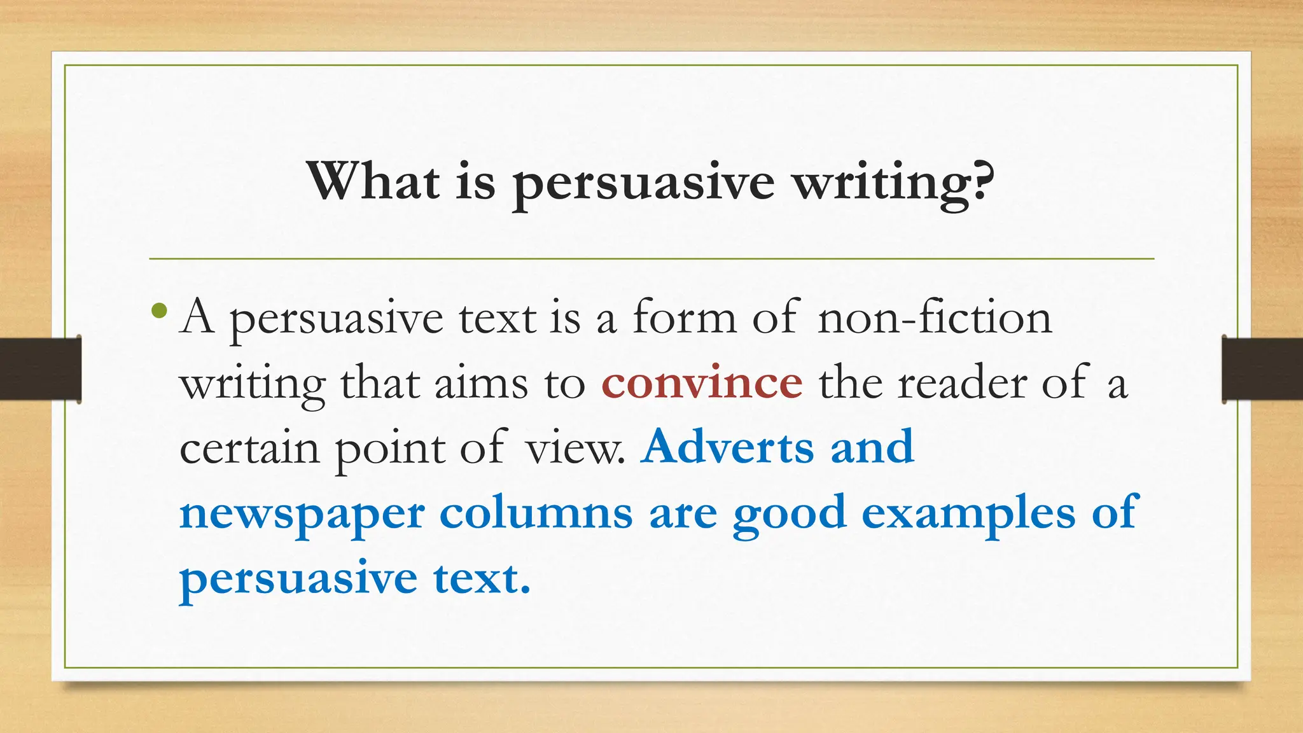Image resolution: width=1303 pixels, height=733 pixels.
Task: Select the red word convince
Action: pyautogui.click(x=702, y=382)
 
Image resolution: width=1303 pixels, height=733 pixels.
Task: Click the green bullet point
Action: pyautogui.click(x=160, y=312)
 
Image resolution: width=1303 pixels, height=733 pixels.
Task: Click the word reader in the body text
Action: pyautogui.click(x=962, y=383)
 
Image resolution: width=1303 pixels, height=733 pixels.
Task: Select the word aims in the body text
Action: pyautogui.click(x=481, y=383)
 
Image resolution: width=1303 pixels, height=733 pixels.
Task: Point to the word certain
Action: pyautogui.click(x=249, y=448)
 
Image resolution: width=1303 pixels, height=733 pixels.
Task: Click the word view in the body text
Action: pyautogui.click(x=575, y=448)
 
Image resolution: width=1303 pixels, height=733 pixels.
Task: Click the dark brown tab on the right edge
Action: pyautogui.click(x=1262, y=369)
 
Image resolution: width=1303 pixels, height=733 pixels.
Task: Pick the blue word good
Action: pyautogui.click(x=789, y=514)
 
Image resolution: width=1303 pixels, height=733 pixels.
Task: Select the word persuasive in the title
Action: pyautogui.click(x=643, y=184)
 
